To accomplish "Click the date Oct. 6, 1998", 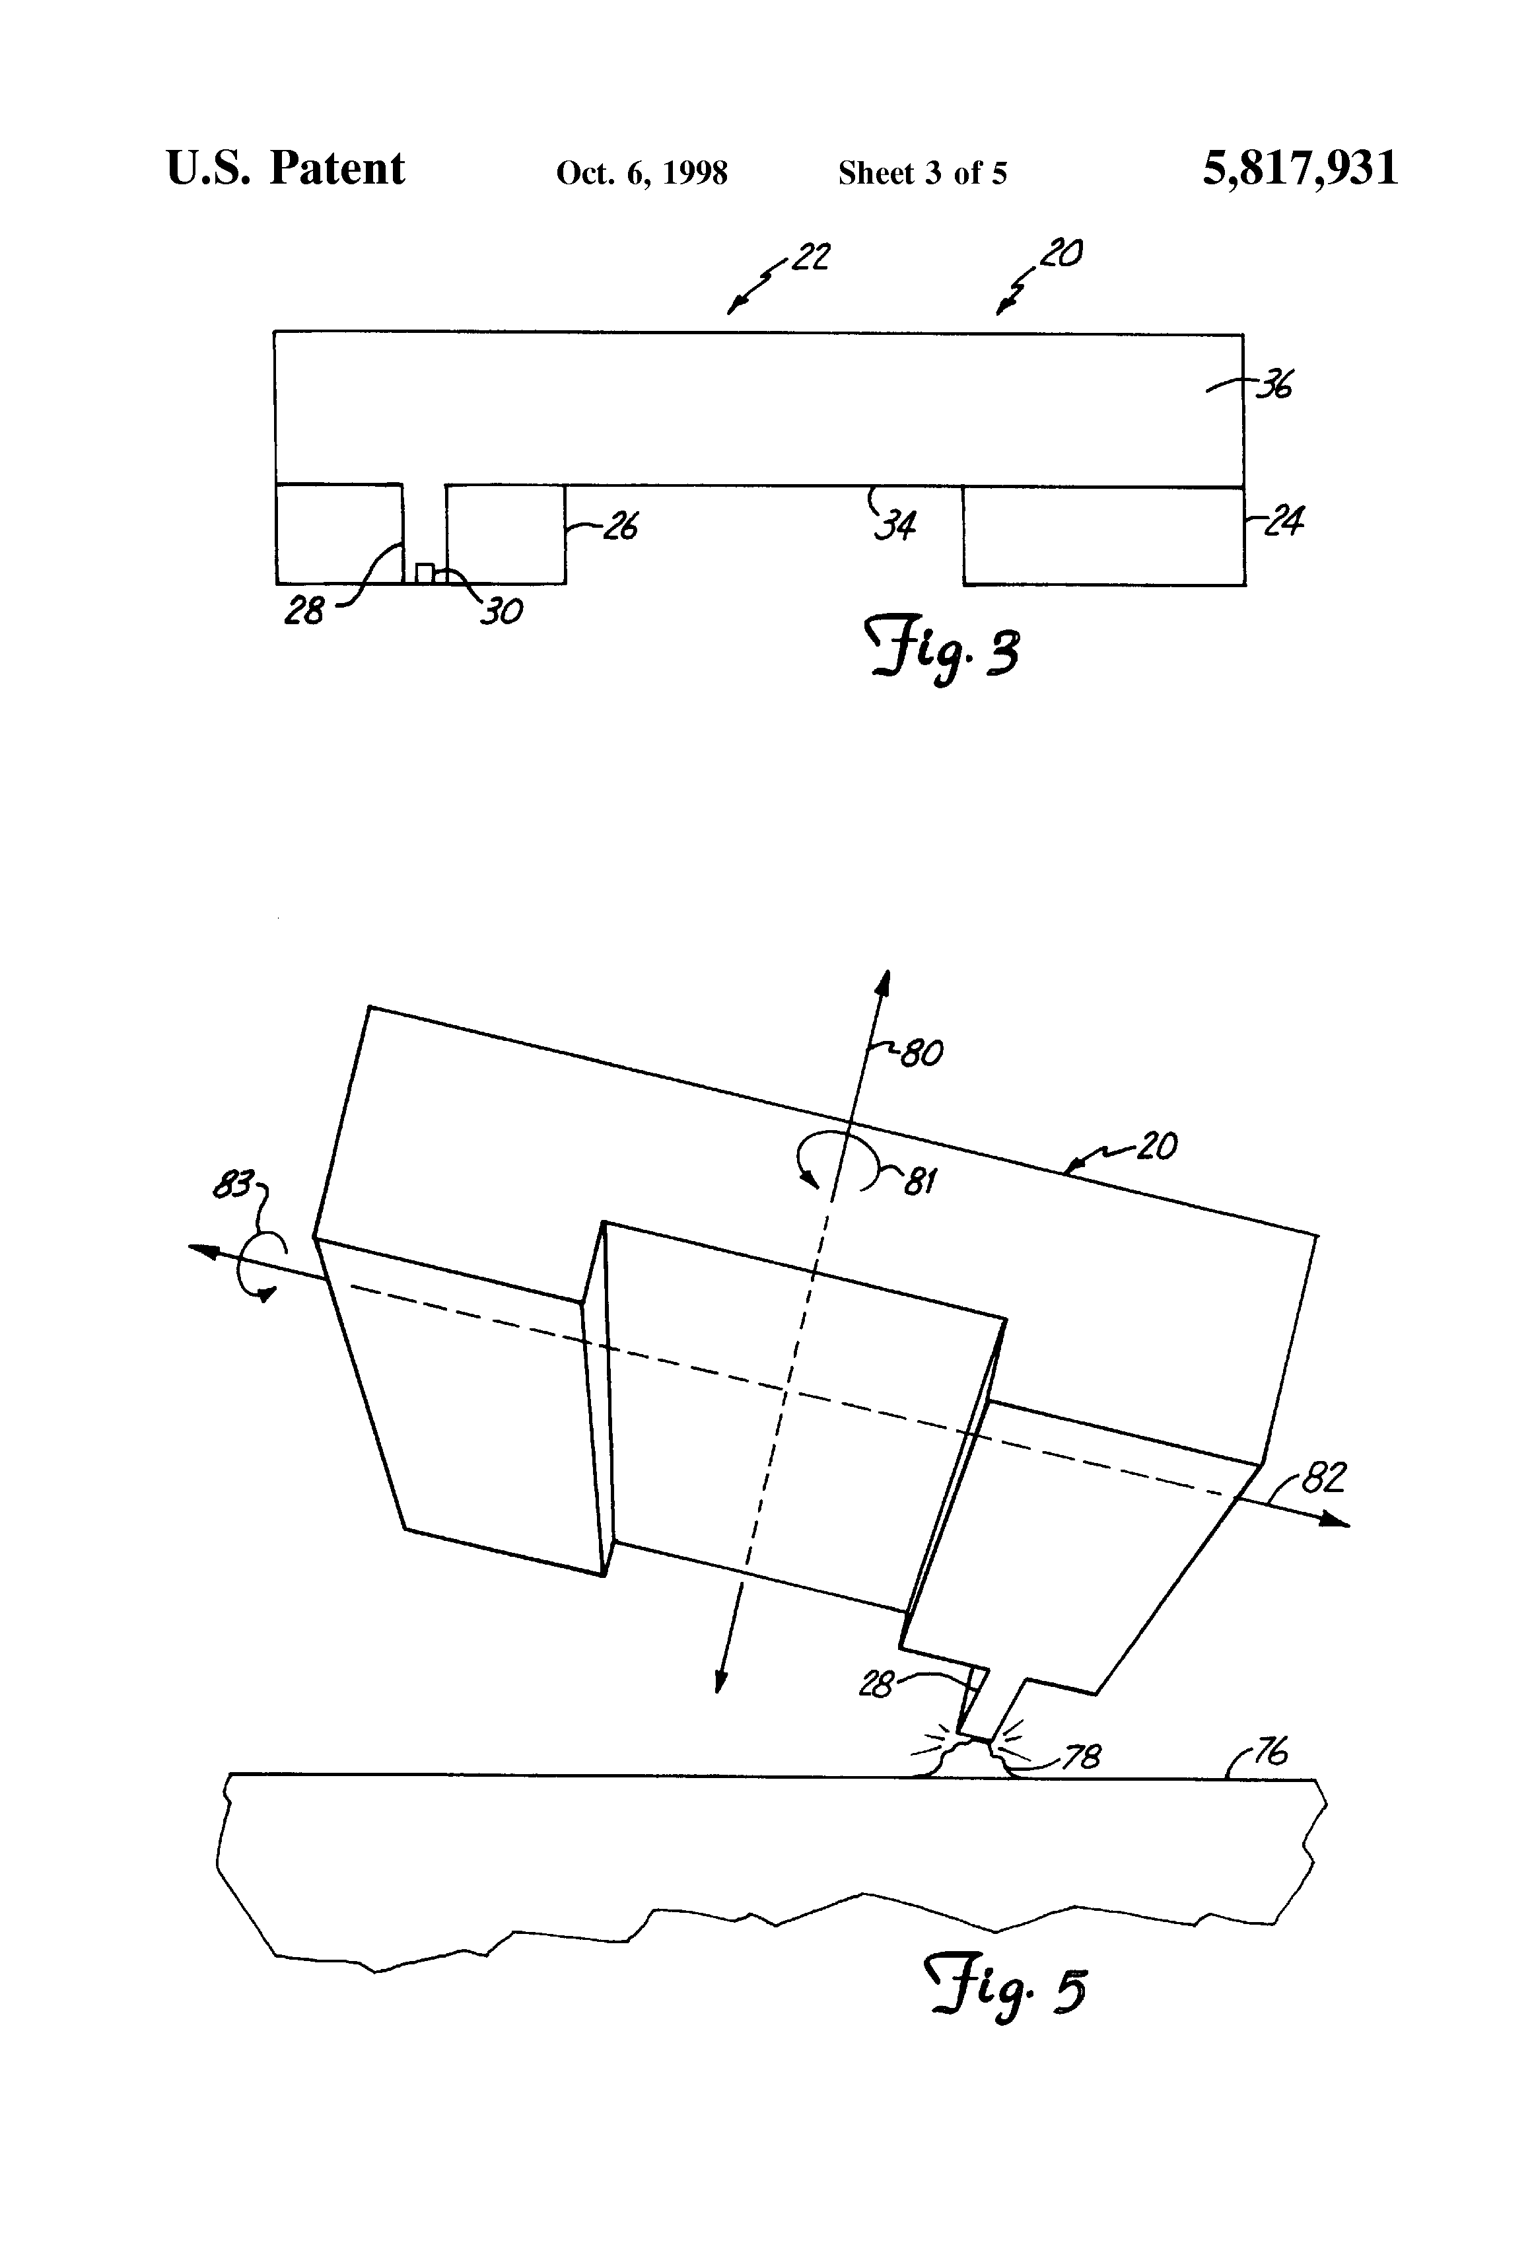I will [x=641, y=173].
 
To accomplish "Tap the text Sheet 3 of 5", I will [x=922, y=173].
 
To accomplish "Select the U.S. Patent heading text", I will [x=286, y=168].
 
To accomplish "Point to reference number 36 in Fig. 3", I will [x=1274, y=386].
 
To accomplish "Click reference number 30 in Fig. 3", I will [x=503, y=611].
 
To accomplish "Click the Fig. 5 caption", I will [x=1007, y=1991].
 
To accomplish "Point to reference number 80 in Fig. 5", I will [x=921, y=1053].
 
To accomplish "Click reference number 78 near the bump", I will [x=1081, y=1757].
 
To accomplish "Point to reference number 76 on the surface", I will [x=1270, y=1751].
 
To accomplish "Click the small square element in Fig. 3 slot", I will [x=424, y=573].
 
